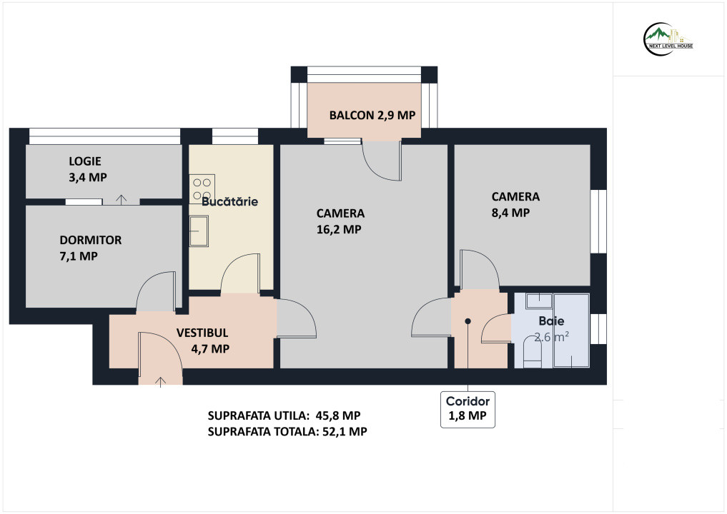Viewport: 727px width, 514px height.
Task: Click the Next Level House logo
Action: (x=668, y=39)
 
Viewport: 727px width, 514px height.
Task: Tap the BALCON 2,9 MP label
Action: (x=372, y=116)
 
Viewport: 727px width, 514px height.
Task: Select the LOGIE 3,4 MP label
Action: (x=88, y=169)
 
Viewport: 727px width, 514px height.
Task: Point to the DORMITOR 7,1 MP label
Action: (x=90, y=248)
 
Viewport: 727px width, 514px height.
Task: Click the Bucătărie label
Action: (x=229, y=201)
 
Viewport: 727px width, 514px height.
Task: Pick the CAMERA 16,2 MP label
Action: (x=340, y=221)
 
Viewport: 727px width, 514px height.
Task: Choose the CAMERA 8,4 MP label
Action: (x=515, y=205)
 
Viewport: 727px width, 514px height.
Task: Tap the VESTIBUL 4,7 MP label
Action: (x=202, y=341)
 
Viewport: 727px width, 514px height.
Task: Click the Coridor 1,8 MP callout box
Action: (x=468, y=409)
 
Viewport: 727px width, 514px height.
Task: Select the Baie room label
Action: (x=551, y=321)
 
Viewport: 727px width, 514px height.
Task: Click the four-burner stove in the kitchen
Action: (x=202, y=189)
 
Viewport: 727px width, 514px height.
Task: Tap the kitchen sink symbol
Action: (x=199, y=231)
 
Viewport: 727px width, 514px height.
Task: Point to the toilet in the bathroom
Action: (x=533, y=353)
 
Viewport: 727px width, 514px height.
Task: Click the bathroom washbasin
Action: (x=539, y=301)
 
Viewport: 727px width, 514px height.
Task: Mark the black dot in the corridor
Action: (x=468, y=321)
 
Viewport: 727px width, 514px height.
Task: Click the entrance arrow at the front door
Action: (x=160, y=381)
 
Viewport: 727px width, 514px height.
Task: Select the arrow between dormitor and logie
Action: (x=121, y=200)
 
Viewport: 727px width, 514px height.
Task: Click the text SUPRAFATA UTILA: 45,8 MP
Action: (x=284, y=415)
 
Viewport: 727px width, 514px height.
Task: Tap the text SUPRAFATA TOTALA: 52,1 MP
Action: (x=287, y=432)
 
